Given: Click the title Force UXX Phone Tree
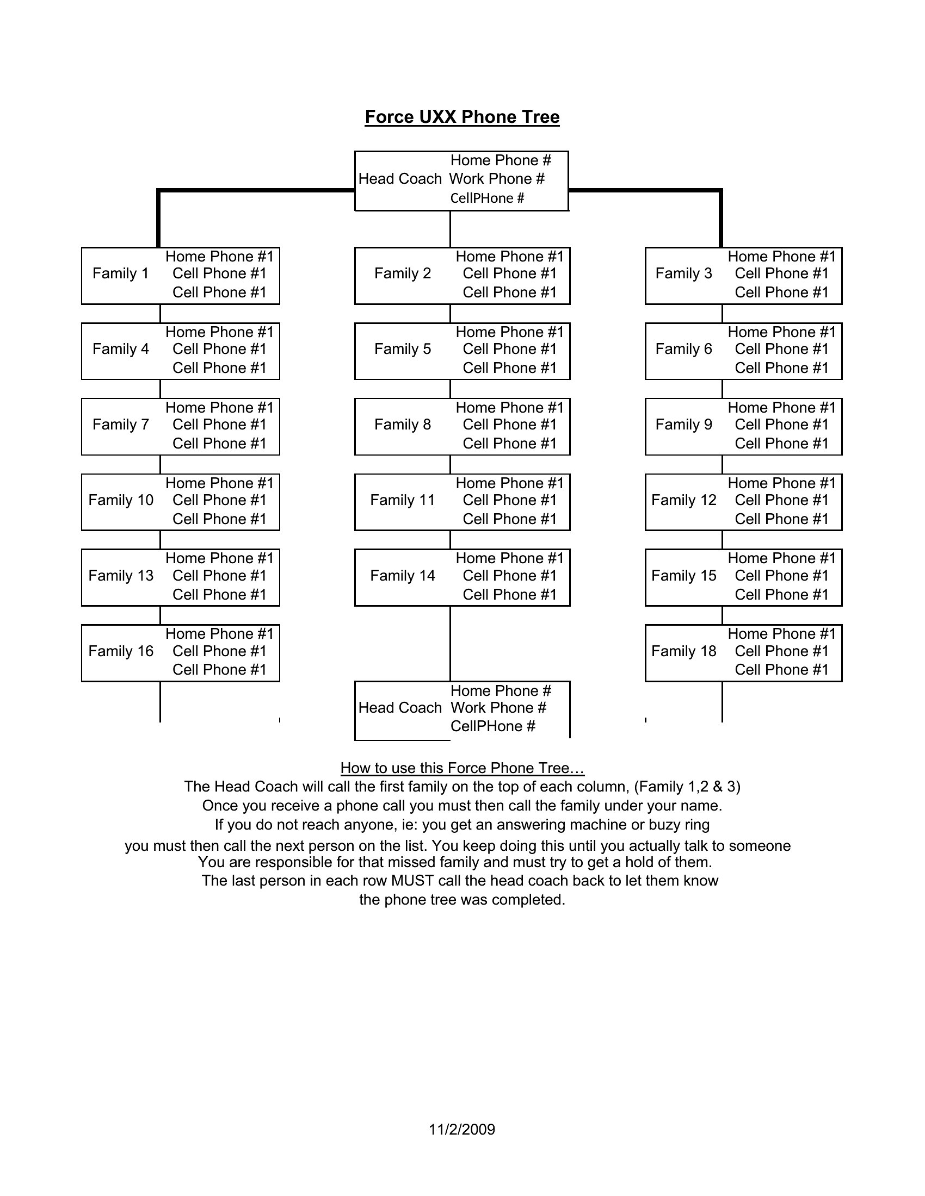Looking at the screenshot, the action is [462, 117].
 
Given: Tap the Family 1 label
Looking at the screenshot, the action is [121, 273].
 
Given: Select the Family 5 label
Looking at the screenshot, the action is [403, 349].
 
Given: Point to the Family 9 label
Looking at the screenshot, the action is [684, 425].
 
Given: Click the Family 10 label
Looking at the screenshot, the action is [121, 500].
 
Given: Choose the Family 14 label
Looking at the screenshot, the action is [403, 576].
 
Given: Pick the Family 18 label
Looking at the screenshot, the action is [684, 651].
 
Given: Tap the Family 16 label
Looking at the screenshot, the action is [121, 651].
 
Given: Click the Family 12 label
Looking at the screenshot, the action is [684, 500].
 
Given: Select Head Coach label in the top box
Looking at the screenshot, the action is [400, 179].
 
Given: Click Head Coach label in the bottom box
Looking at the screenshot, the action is [400, 708].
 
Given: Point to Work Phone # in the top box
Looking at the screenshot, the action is [497, 179].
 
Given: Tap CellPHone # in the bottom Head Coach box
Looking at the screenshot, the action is [492, 727].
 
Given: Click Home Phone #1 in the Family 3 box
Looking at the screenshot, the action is [782, 257].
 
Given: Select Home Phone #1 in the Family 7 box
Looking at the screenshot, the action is [219, 408].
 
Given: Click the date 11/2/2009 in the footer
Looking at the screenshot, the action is [462, 1129].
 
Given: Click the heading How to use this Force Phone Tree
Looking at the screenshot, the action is [462, 768].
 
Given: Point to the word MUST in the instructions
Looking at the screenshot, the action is [415, 881].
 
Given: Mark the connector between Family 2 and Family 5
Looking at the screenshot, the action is [451, 314].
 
